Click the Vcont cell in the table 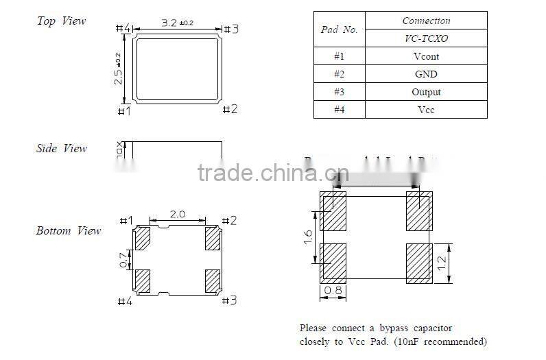[425, 57]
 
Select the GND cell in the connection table [425, 74]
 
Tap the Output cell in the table [425, 92]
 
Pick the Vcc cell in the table [425, 110]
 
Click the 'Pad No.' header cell [339, 30]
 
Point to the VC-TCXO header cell [425, 39]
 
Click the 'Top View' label [61, 21]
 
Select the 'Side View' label [62, 148]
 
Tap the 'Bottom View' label [69, 231]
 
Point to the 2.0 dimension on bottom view [177, 214]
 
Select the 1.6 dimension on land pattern [308, 237]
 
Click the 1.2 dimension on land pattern [442, 262]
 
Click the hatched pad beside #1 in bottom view [143, 239]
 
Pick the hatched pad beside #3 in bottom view [212, 280]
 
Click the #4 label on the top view [123, 28]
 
